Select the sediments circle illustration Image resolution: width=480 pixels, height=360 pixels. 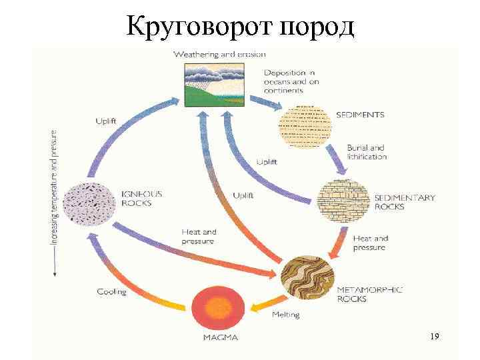tap(305, 125)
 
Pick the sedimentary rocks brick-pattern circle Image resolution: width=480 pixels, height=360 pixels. tap(344, 201)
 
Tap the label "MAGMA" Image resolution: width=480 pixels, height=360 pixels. tap(220, 337)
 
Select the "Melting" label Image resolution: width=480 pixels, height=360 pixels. tap(285, 314)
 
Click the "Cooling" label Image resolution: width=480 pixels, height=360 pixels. tap(111, 291)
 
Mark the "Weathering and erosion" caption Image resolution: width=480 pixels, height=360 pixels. tap(219, 54)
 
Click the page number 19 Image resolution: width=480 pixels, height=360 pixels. tap(435, 337)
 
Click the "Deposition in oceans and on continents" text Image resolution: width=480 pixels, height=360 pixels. tap(291, 81)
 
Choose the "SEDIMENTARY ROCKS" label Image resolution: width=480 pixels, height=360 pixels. tap(404, 202)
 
